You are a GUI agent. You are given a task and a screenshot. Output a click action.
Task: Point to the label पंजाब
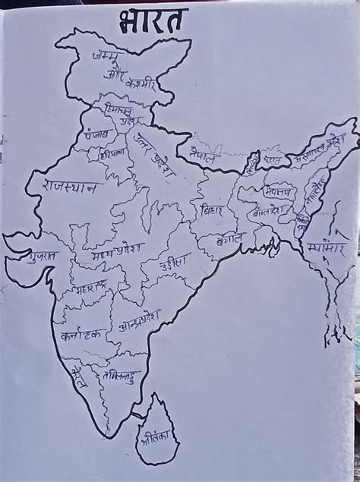click(97, 134)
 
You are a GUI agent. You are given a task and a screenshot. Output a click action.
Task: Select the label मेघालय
click(279, 190)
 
